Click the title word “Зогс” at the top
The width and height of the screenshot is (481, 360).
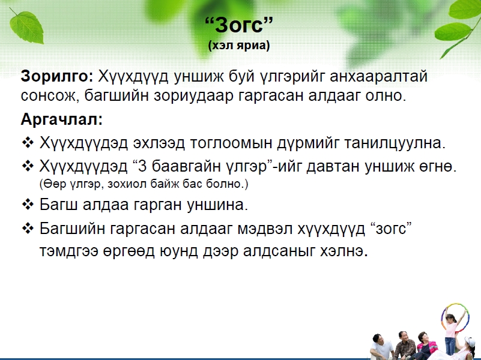coord(238,25)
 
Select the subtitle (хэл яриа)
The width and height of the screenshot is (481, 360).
coord(239,46)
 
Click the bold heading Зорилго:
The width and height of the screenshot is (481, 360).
coord(57,76)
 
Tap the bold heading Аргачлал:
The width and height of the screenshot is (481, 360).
coord(61,119)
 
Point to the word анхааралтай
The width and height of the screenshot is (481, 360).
coord(378,77)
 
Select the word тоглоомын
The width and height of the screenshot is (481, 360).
coord(231,143)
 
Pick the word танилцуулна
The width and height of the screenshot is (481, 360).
coord(395,143)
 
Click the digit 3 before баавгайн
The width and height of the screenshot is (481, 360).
coord(143,166)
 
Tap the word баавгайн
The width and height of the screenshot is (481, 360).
coord(187,167)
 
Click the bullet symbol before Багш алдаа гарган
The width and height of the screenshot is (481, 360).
coord(28,205)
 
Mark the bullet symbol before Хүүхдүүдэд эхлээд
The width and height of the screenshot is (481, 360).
coord(28,142)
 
